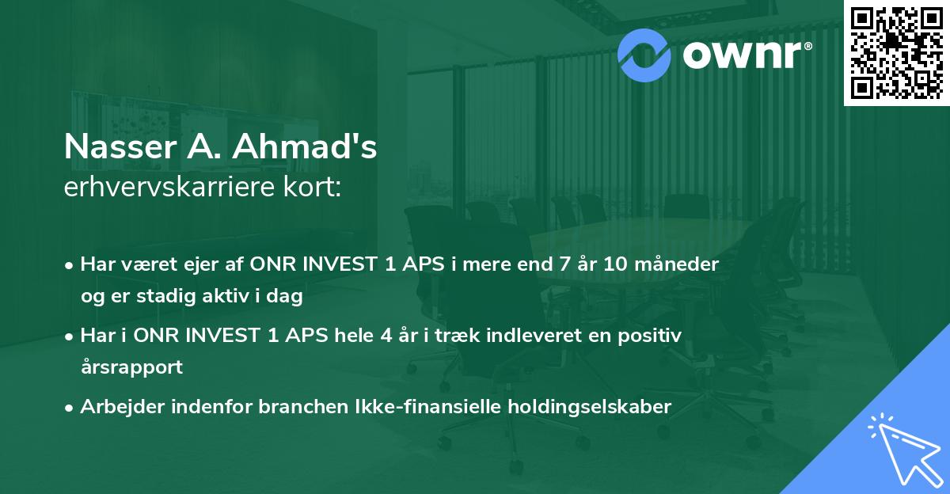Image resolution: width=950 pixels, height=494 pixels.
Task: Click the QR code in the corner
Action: pyautogui.click(x=896, y=53)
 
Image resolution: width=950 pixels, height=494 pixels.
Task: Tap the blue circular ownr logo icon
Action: pyautogui.click(x=645, y=54)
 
